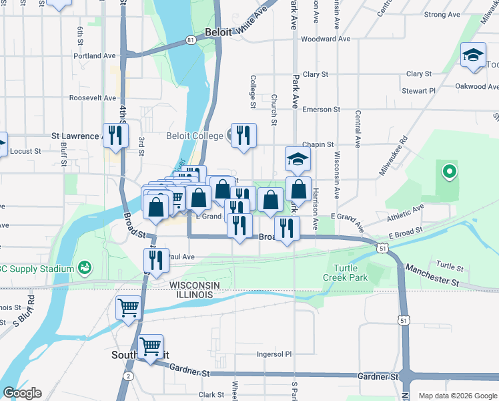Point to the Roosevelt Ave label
(93, 98)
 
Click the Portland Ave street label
(96, 55)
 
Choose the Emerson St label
(321, 109)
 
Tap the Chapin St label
(318, 144)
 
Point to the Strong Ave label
(444, 14)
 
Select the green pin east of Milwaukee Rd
(449, 172)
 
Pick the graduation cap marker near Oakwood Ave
(473, 55)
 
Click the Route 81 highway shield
(191, 41)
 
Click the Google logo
(22, 393)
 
